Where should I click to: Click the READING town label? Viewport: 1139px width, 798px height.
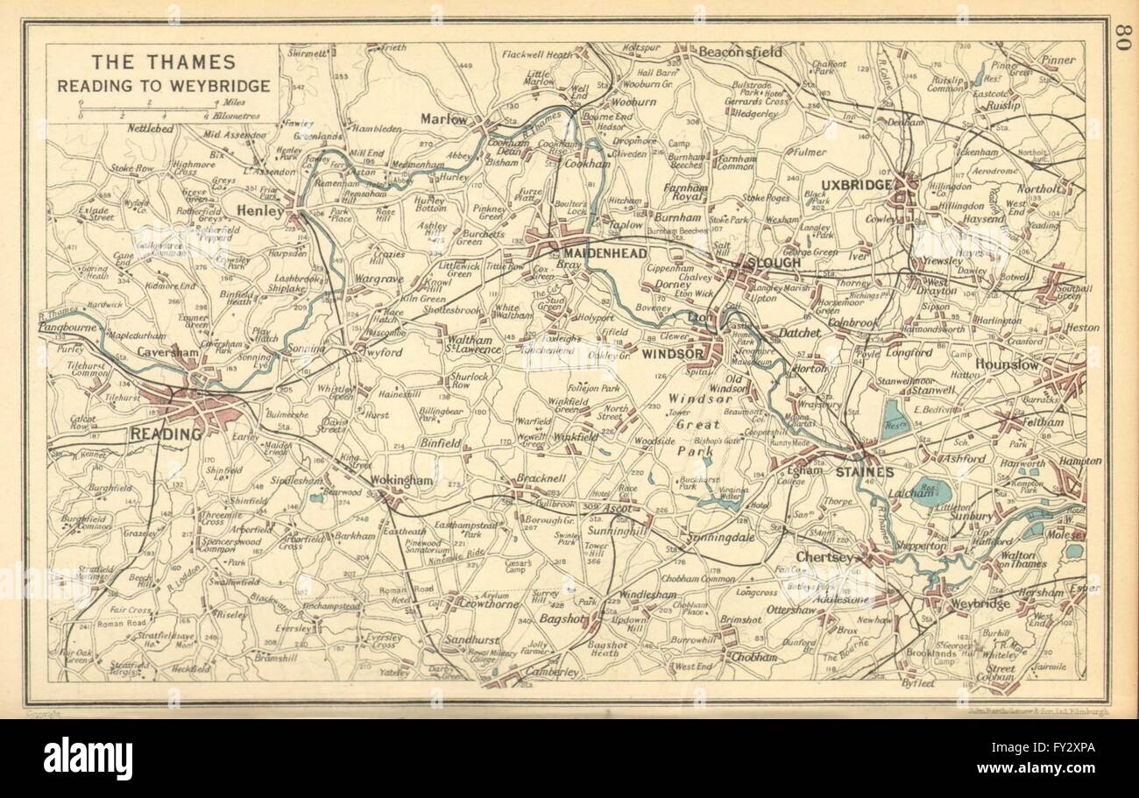[166, 433]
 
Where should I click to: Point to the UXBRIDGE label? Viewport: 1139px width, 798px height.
[856, 185]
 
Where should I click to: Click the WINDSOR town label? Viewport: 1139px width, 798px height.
[673, 354]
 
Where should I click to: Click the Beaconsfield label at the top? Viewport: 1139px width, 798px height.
[739, 52]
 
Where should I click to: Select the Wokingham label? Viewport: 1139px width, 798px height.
[401, 481]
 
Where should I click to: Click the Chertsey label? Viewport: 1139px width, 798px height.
[824, 557]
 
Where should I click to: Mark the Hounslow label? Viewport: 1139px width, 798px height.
[1007, 364]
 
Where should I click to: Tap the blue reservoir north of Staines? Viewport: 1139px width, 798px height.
[894, 419]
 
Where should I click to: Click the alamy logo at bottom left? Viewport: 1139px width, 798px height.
[88, 759]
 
